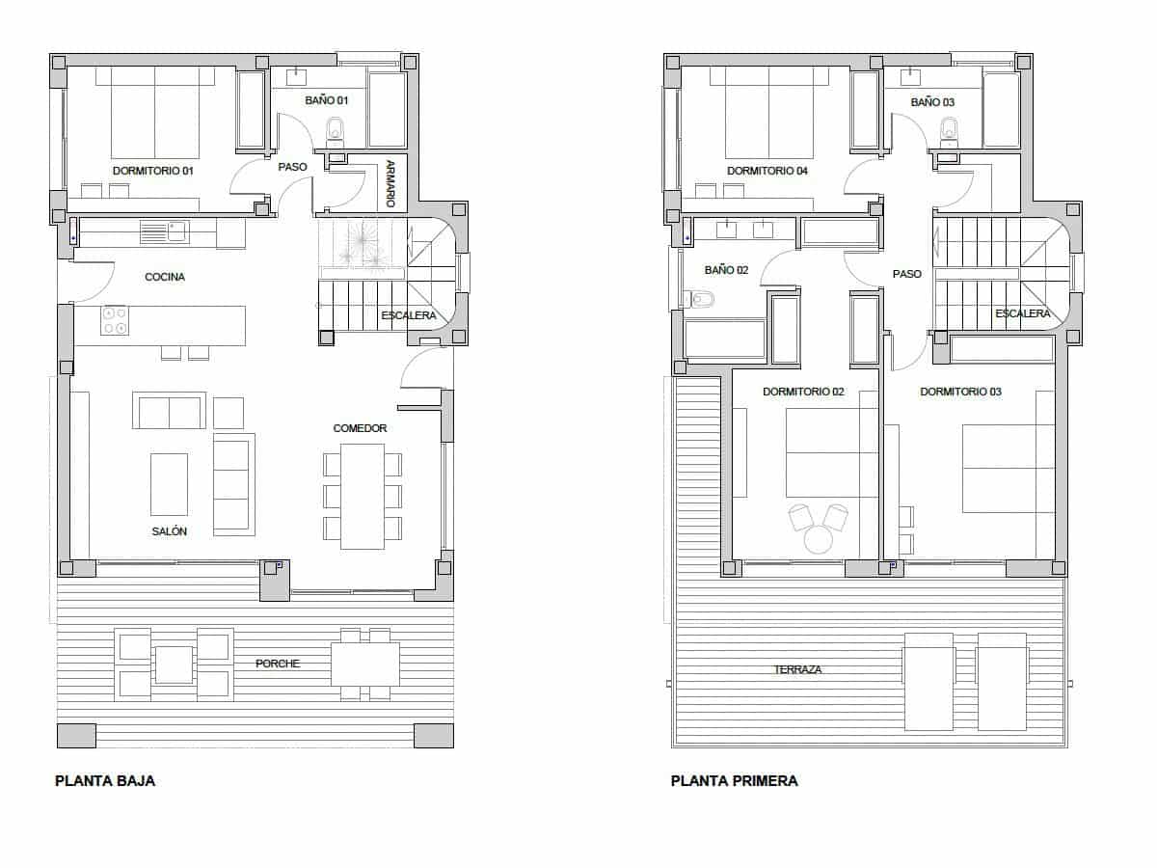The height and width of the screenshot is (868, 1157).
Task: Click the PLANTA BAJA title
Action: (105, 781)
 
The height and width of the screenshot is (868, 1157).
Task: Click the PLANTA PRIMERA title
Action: (734, 781)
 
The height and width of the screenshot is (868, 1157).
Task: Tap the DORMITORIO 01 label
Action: (153, 171)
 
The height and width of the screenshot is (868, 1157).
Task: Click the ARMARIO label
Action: (390, 183)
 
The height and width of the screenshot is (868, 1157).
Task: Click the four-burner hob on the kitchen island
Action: (115, 320)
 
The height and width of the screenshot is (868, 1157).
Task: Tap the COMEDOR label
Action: (360, 428)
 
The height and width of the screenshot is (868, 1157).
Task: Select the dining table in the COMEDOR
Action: (363, 496)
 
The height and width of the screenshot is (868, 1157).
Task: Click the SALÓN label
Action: (169, 531)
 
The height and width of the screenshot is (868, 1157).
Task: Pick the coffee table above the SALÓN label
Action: (169, 484)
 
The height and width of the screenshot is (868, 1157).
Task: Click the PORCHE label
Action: (278, 664)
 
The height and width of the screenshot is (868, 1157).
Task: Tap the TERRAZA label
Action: (797, 669)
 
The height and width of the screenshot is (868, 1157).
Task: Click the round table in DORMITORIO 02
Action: (819, 540)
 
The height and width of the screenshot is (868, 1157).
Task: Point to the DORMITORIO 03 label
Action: (960, 392)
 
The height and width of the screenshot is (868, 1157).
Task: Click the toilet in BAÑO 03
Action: (949, 129)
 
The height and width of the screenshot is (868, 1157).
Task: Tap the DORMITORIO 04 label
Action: (767, 171)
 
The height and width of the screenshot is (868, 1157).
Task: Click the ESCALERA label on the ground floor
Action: (408, 315)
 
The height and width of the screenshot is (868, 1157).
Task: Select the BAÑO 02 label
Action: (726, 270)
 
